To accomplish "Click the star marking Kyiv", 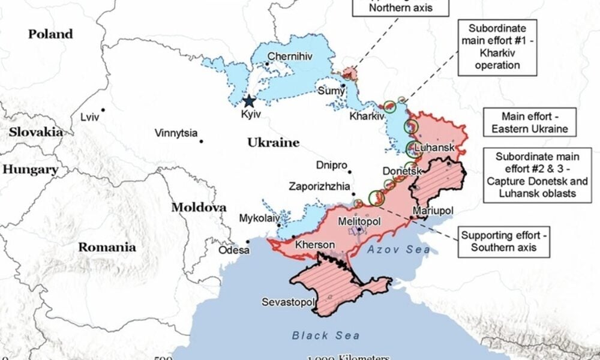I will click(x=248, y=102).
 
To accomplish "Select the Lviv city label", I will click(x=90, y=117).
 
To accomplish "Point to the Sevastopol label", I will click(x=287, y=302).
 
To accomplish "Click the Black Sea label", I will click(x=326, y=335).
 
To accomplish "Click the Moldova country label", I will click(x=199, y=208).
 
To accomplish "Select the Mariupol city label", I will click(x=433, y=211).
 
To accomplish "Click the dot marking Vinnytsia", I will click(x=201, y=142).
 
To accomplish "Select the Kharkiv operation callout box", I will click(x=497, y=47).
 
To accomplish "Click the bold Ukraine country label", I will click(x=273, y=142).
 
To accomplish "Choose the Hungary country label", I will click(x=30, y=170).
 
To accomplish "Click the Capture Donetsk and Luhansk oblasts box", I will click(x=537, y=175).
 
